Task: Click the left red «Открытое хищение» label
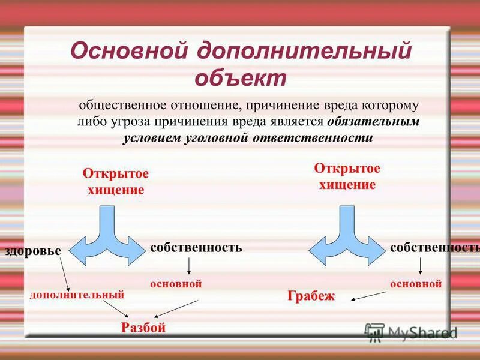(x=115, y=181)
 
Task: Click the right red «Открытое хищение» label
(x=347, y=176)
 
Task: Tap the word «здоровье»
(x=34, y=251)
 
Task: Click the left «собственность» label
(x=196, y=247)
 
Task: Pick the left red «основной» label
(x=175, y=283)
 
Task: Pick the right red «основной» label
(x=416, y=283)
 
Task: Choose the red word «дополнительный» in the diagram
(x=77, y=295)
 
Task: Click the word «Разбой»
(x=143, y=328)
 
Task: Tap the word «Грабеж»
(x=311, y=296)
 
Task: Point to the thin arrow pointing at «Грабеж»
(x=368, y=295)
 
